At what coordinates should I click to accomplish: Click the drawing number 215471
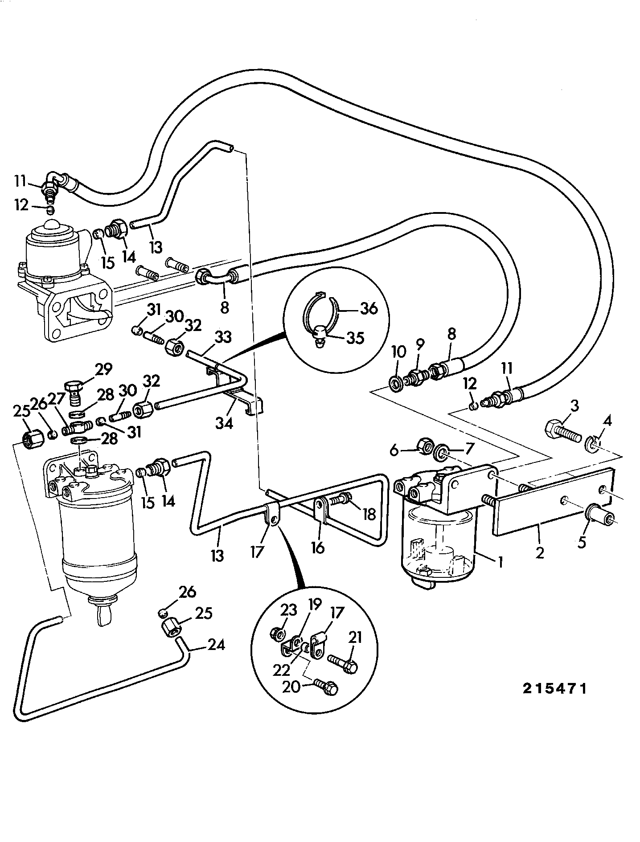pos(555,701)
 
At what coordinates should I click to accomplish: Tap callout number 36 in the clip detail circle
pos(369,308)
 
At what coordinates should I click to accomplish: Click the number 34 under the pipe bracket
pos(225,422)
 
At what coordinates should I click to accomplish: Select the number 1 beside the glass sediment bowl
pos(501,563)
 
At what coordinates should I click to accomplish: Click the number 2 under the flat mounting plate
pos(540,553)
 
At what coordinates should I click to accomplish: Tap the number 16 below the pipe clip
pos(318,548)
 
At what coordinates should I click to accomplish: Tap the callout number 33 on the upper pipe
pos(222,337)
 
